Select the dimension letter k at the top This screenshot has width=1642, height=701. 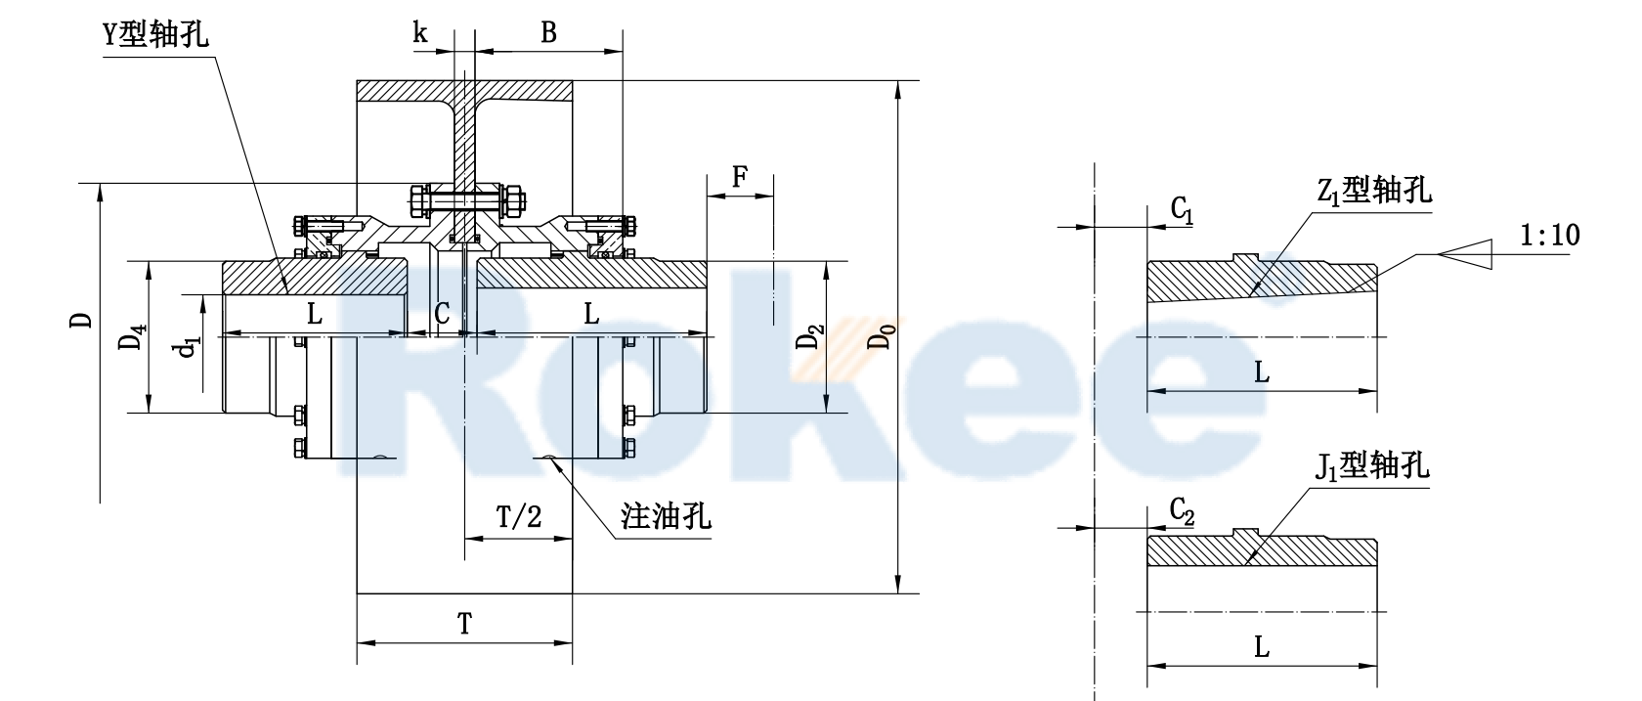[420, 32]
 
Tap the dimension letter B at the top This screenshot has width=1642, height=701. [548, 32]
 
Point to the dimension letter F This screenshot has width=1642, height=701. [740, 177]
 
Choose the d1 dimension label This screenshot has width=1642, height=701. [187, 350]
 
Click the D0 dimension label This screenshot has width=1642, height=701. [883, 337]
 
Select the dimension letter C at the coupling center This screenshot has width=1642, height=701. [442, 314]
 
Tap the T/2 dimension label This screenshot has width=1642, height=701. [518, 515]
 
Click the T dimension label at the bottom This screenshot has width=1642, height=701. [464, 623]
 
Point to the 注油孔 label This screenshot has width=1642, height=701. [666, 515]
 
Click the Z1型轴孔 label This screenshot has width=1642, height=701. [1374, 190]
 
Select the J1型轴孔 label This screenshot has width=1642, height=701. [1371, 466]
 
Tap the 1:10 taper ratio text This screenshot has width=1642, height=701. [1550, 235]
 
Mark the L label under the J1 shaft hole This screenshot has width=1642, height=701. [1262, 646]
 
